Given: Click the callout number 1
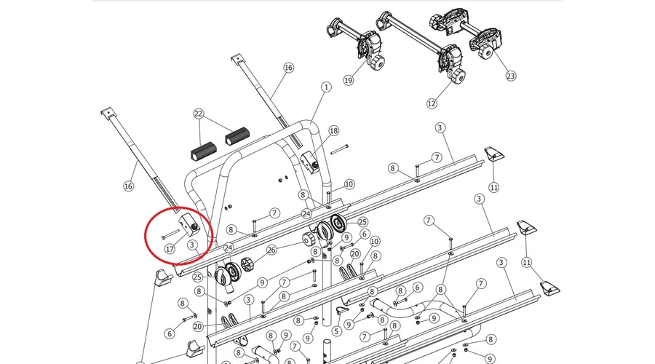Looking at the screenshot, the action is [326, 87].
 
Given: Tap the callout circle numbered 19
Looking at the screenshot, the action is [349, 80].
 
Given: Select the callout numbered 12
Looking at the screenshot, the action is [432, 103].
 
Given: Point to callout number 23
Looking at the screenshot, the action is [510, 76].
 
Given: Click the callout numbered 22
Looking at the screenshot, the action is [199, 114].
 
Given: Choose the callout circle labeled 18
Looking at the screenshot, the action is [334, 131].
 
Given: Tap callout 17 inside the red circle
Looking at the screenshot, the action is [169, 249].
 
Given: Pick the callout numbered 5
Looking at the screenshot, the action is [336, 332].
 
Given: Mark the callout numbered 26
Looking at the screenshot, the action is [271, 250].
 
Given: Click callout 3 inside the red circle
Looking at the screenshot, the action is [192, 245].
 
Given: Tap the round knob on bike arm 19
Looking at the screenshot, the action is [377, 63].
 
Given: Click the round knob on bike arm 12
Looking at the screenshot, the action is [458, 77].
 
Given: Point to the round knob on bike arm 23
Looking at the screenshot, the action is [485, 52].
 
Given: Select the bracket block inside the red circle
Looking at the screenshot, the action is [190, 224].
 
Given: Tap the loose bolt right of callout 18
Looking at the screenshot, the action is [339, 150].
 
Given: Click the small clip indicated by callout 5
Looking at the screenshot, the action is [343, 311].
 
